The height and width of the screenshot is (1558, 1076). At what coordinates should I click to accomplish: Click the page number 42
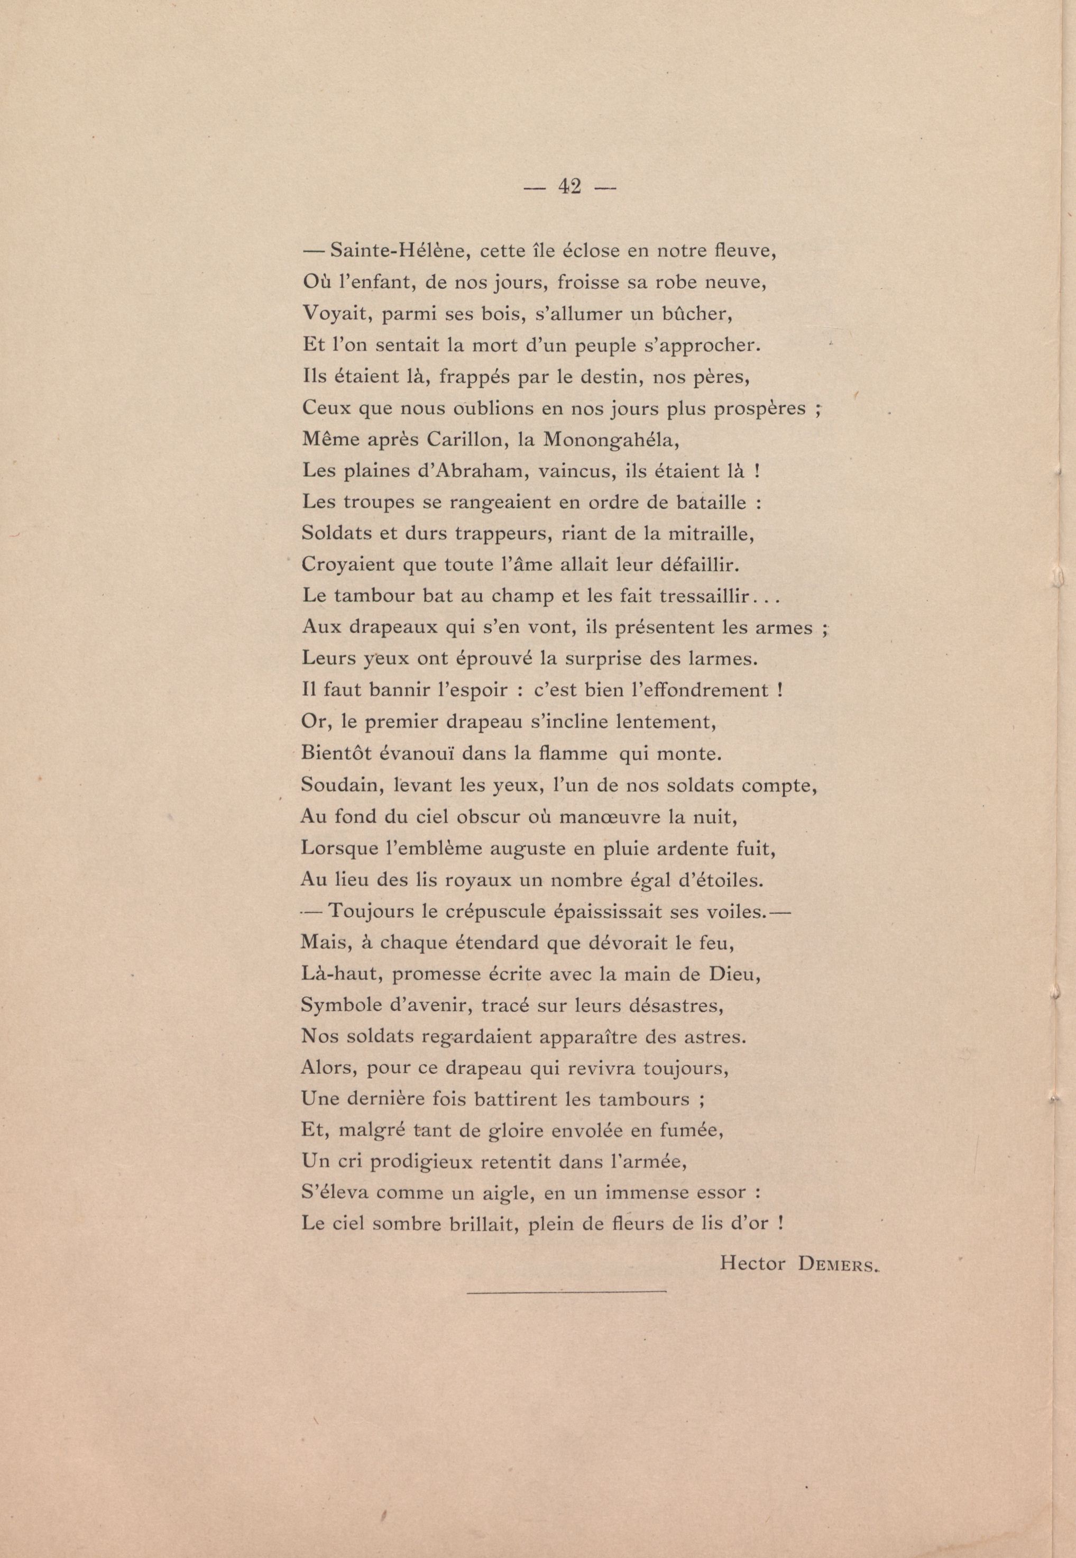[569, 187]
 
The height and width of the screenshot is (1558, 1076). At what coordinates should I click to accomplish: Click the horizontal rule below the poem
[566, 1291]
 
